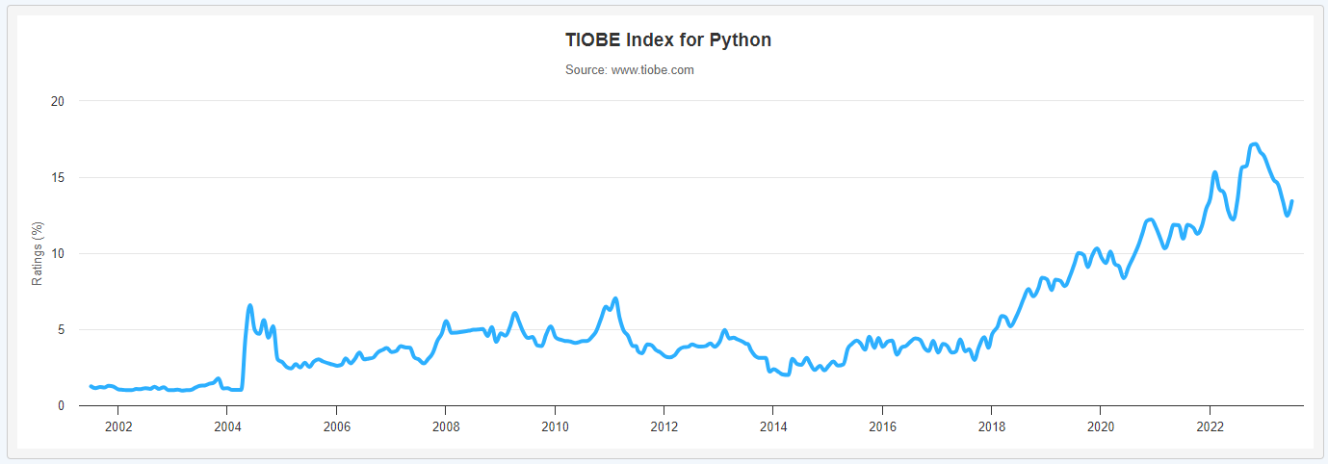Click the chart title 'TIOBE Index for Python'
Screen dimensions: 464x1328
point(667,40)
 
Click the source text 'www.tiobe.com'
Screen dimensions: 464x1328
point(652,70)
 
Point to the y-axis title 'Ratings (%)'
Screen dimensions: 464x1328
point(38,254)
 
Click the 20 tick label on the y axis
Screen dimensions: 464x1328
point(57,101)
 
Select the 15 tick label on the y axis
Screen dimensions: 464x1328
point(57,177)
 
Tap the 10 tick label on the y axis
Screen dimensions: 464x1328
point(57,253)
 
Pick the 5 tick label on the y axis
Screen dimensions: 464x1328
point(60,329)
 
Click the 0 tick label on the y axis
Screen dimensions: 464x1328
point(60,405)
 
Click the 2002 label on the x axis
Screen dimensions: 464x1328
point(117,425)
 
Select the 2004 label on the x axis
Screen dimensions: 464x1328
point(226,425)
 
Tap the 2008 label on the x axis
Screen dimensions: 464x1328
point(445,425)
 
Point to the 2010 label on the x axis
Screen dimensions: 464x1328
point(555,425)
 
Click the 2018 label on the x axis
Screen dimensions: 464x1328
point(992,425)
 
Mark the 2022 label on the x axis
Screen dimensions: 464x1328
point(1211,425)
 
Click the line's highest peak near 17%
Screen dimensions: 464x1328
point(1254,144)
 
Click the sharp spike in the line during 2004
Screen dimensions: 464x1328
point(250,305)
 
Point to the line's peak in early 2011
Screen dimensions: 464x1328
point(614,298)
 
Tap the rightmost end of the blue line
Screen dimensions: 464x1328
point(1291,201)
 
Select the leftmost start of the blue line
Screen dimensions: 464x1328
point(91,386)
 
